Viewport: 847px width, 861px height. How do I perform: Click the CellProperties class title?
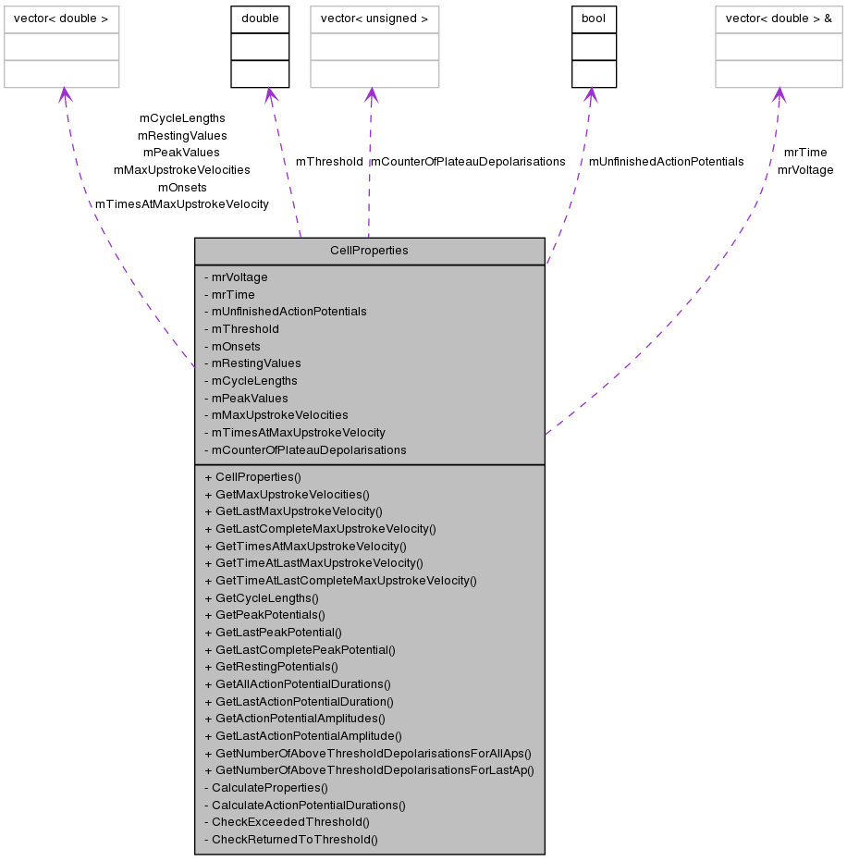pyautogui.click(x=369, y=251)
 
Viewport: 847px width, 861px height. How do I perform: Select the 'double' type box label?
pyautogui.click(x=260, y=18)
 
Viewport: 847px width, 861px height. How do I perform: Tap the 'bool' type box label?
pyautogui.click(x=594, y=18)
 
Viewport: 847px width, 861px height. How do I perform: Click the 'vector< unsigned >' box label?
pyautogui.click(x=374, y=18)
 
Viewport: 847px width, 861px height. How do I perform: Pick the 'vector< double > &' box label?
pyautogui.click(x=779, y=18)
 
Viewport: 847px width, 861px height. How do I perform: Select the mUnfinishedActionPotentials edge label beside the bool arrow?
pyautogui.click(x=666, y=162)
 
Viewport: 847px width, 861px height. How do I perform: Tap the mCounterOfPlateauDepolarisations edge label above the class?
pyautogui.click(x=467, y=162)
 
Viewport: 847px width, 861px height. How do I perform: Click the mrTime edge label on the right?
pyautogui.click(x=804, y=153)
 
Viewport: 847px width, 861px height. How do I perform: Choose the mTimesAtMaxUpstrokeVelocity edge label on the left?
pyautogui.click(x=182, y=204)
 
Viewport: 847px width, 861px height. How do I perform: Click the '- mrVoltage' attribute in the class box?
pyautogui.click(x=236, y=277)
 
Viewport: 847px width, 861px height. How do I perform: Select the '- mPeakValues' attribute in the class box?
pyautogui.click(x=246, y=399)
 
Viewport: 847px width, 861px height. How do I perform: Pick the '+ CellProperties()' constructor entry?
pyautogui.click(x=252, y=477)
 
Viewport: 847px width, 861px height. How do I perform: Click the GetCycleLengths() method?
pyautogui.click(x=263, y=598)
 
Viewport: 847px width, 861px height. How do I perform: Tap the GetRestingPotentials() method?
pyautogui.click(x=271, y=667)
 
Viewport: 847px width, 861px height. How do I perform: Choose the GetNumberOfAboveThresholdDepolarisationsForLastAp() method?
pyautogui.click(x=369, y=770)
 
